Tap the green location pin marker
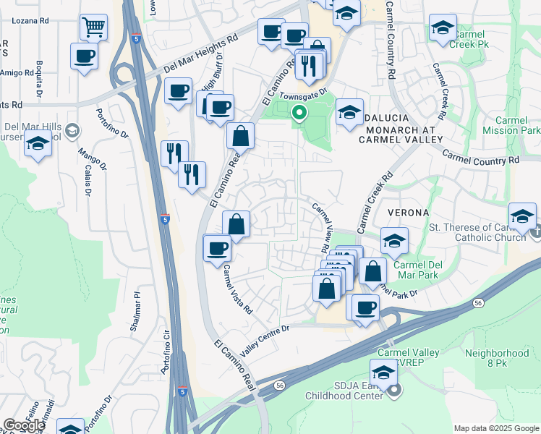(x=299, y=114)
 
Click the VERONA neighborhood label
(x=408, y=213)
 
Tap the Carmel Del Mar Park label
(x=419, y=271)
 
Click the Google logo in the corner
(x=24, y=425)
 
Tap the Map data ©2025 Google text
(x=496, y=428)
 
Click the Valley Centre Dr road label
(x=265, y=339)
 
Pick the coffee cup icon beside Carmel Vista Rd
(x=217, y=248)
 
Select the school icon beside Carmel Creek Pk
(x=442, y=28)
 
